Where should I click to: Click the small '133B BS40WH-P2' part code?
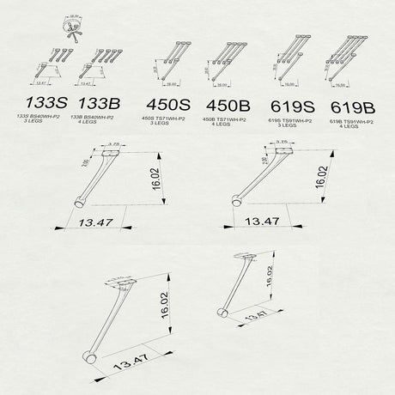coord(103,115)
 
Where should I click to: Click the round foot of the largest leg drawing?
coord(88,358)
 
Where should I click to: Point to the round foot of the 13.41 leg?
coord(222,313)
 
